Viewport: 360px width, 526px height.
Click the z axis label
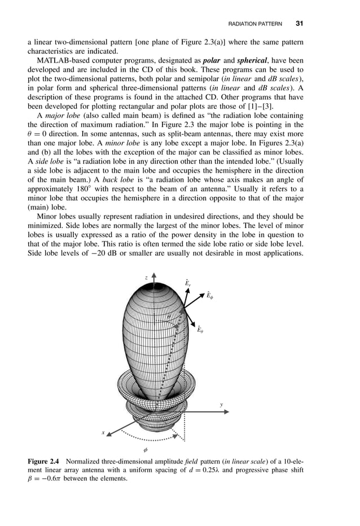pyautogui.click(x=146, y=278)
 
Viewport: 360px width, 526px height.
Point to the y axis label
pyautogui.click(x=222, y=405)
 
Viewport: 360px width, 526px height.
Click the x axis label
pyautogui.click(x=103, y=432)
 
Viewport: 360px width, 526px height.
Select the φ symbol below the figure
pyautogui.click(x=146, y=450)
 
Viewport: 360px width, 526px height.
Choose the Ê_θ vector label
pyautogui.click(x=200, y=329)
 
